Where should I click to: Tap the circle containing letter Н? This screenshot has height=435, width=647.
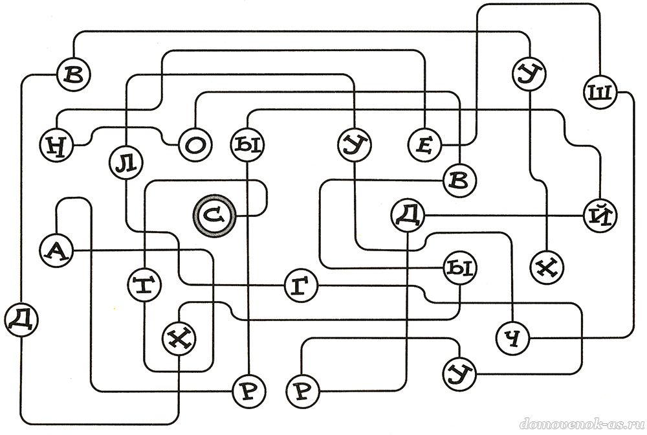57,145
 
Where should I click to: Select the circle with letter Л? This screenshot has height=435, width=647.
126,163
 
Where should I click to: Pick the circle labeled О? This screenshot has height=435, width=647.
195,145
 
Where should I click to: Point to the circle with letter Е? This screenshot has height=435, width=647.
425,144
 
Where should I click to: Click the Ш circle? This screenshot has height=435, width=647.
600,93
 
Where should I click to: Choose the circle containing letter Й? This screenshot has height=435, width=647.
600,216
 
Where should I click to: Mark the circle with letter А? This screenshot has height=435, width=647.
57,250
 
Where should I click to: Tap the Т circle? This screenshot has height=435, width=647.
144,285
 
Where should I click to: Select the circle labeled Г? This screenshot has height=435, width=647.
302,285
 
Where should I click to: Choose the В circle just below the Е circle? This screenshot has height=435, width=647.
459,181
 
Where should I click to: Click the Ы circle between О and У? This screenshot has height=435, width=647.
247,145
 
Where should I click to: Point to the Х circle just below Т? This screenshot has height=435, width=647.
179,339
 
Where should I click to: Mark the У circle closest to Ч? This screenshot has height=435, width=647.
459,374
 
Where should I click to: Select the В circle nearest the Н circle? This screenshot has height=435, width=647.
74,74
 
